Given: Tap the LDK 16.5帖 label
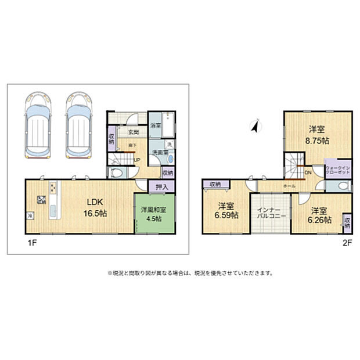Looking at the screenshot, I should pos(95,207).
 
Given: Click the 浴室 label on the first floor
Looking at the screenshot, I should pos(156,125).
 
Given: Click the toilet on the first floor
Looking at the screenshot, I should pos(116,172).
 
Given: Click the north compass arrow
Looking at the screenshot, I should pos(254,126).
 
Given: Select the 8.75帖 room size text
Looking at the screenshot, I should pos(318,141).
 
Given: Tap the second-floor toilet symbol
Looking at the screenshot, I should pos(344,186).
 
